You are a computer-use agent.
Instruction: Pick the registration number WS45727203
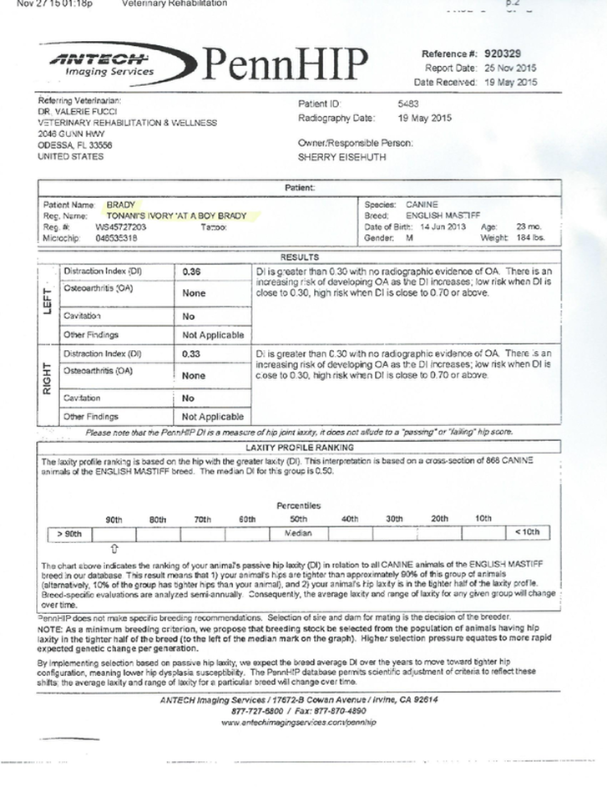[121, 226]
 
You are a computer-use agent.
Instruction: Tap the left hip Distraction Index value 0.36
[192, 272]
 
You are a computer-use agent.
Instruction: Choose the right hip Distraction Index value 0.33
[192, 353]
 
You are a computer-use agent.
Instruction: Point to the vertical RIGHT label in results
[48, 383]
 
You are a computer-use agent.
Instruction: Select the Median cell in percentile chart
[298, 532]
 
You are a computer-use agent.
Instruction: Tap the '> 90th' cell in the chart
[69, 532]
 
